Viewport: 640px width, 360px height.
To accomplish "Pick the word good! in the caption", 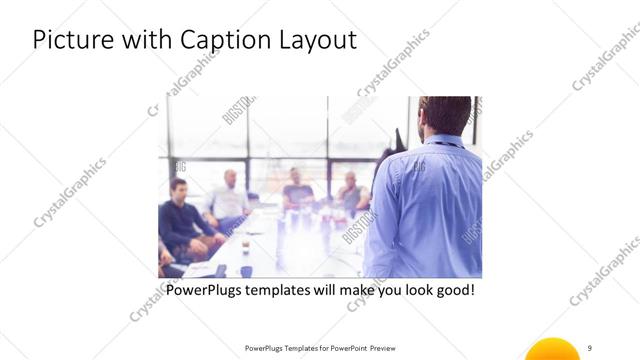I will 454,290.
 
